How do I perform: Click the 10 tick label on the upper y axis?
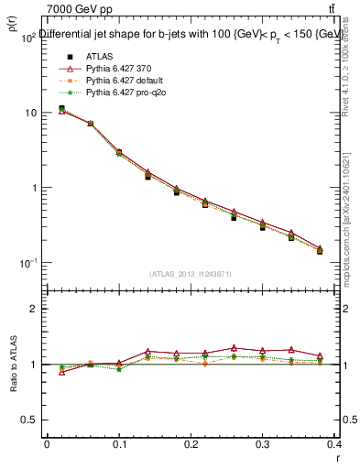click(29, 113)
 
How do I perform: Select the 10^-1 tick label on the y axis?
click(27, 263)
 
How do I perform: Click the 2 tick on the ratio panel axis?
click(33, 309)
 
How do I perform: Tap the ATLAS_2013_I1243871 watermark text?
click(191, 274)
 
